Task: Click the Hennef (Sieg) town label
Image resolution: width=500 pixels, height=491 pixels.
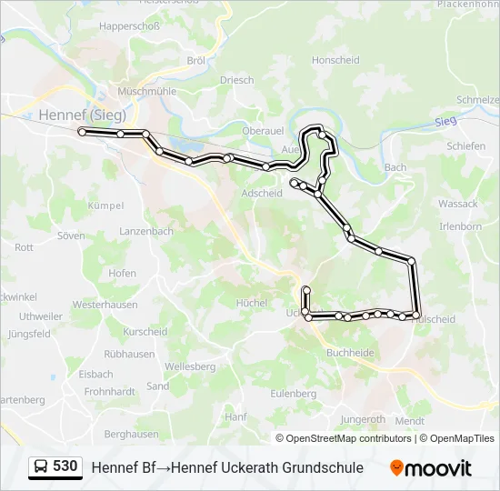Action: (x=82, y=115)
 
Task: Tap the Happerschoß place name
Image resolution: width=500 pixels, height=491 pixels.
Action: (x=129, y=26)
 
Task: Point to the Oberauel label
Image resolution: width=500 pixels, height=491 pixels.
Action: (x=265, y=131)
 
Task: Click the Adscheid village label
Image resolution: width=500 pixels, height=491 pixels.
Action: (x=262, y=193)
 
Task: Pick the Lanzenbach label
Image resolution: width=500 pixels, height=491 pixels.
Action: (x=145, y=232)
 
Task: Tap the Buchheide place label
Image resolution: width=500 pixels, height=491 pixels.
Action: (x=349, y=352)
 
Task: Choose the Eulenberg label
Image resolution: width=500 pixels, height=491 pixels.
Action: (x=293, y=394)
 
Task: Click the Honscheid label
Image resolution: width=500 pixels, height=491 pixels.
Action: (x=336, y=60)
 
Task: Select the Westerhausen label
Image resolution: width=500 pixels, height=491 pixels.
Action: (x=105, y=306)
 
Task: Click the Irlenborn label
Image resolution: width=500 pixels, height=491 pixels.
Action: (x=460, y=225)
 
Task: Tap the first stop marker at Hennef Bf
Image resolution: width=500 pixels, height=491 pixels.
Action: (x=82, y=132)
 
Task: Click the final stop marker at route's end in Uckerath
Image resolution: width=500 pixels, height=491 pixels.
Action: (x=306, y=290)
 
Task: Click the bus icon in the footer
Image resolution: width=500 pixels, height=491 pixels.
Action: (x=41, y=467)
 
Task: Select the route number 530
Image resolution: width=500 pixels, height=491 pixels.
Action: (x=65, y=466)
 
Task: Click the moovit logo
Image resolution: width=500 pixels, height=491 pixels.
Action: (x=431, y=468)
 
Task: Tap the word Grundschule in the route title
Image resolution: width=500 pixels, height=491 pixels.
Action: (x=322, y=467)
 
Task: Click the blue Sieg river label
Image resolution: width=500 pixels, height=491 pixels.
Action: (x=445, y=121)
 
